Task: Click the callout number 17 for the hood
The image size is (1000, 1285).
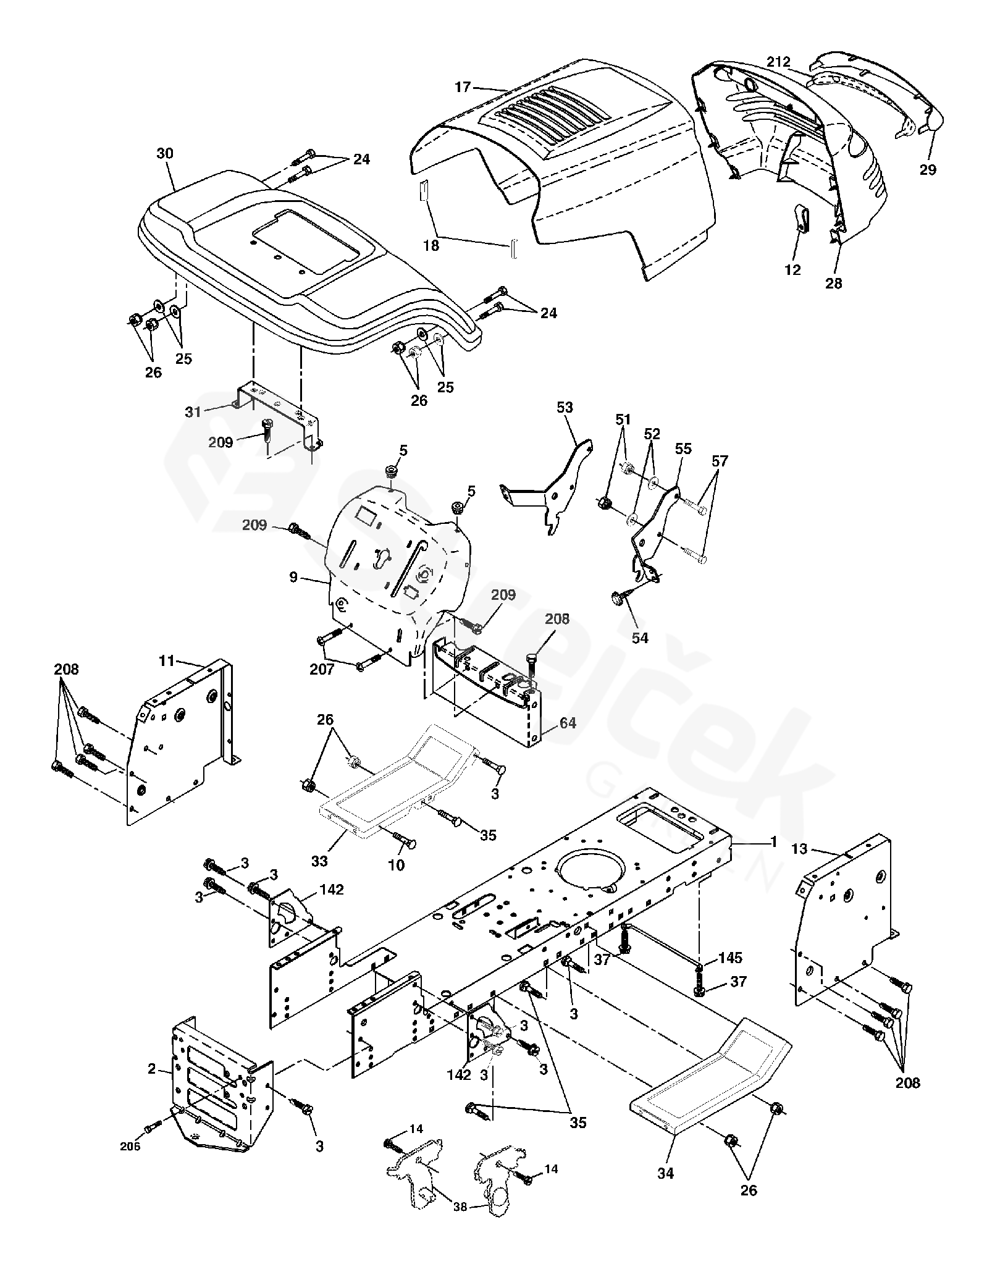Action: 463,87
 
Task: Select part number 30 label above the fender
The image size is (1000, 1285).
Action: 165,154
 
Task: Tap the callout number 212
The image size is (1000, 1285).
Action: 778,62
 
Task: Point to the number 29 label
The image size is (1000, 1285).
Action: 928,169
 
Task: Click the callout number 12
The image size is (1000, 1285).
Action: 792,270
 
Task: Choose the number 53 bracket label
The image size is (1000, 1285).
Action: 565,407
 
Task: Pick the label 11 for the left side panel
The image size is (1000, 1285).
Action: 167,661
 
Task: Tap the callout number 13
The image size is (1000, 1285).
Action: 799,849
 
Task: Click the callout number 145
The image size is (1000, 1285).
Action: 730,958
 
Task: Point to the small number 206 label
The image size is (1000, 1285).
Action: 130,1147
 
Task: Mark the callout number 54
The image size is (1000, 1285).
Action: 641,638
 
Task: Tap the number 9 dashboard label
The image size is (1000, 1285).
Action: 293,578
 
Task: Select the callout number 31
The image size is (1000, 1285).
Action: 193,411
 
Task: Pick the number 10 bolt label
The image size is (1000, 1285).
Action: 396,865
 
